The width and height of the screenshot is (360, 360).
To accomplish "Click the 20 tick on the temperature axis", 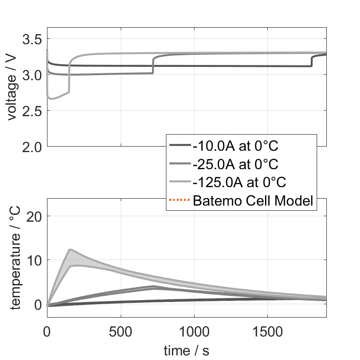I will pos(37,216).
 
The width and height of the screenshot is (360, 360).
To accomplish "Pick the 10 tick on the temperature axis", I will pos(37,260).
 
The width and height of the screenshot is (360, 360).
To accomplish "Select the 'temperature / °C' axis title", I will pos(15,258).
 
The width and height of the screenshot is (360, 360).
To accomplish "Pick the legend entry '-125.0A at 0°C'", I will pos(239,182).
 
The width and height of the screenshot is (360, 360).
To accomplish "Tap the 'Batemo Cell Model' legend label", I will pos(253,200).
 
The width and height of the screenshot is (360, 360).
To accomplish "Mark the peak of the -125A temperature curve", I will pos(70,249).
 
